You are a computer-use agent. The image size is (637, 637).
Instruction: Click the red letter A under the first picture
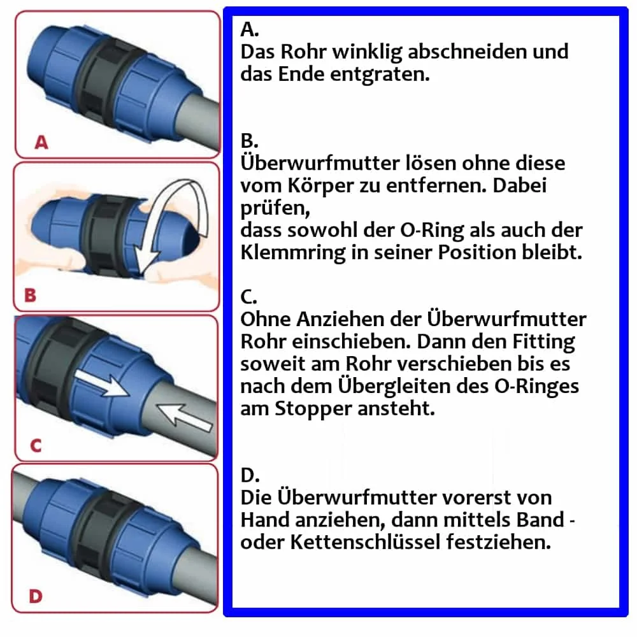(x=41, y=143)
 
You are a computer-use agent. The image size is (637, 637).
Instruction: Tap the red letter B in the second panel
(x=29, y=295)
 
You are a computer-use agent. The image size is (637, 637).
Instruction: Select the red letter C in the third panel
(x=36, y=445)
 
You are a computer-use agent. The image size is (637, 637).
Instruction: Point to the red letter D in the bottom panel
(x=36, y=596)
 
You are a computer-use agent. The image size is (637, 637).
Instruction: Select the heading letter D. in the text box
(x=250, y=475)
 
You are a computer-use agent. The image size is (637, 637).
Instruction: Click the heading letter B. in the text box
(x=249, y=141)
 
